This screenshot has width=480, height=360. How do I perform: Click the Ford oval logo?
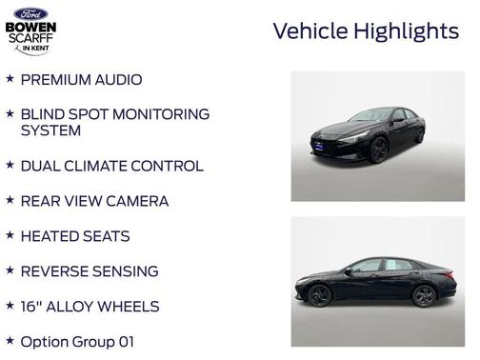[30, 13]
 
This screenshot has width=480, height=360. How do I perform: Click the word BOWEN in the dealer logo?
[30, 28]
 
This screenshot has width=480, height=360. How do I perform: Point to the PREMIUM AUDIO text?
[81, 80]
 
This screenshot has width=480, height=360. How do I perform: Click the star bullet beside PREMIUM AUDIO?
[10, 79]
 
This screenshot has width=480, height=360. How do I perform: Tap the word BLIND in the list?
[44, 114]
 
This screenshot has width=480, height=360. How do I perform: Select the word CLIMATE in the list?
[110, 166]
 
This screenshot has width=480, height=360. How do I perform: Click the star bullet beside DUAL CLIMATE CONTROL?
[10, 165]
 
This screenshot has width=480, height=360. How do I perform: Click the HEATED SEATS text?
[74, 236]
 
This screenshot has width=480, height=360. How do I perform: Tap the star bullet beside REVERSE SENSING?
[10, 270]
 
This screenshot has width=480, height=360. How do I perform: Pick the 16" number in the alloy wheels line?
[30, 307]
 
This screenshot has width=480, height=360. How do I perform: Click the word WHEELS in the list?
[154, 307]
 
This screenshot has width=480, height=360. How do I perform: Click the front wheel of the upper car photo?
[379, 151]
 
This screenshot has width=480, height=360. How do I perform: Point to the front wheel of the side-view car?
[320, 296]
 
